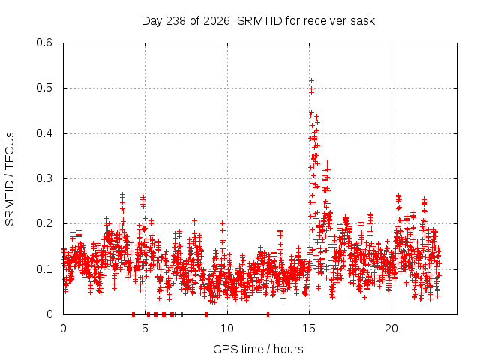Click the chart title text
point(258,21)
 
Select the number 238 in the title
point(176,21)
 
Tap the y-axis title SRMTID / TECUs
point(10,179)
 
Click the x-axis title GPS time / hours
point(258,349)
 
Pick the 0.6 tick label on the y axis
point(44,43)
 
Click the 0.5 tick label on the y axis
point(44,88)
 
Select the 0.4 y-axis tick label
point(44,133)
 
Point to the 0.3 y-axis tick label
point(44,178)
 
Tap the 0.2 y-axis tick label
point(44,223)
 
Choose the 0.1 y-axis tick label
point(44,269)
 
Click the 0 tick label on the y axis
point(49,314)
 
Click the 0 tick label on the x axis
point(63,328)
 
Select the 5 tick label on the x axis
point(145,328)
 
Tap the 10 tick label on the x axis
point(227,328)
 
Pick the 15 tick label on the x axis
point(309,328)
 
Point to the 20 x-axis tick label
point(391,328)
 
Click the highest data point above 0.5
point(312,80)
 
